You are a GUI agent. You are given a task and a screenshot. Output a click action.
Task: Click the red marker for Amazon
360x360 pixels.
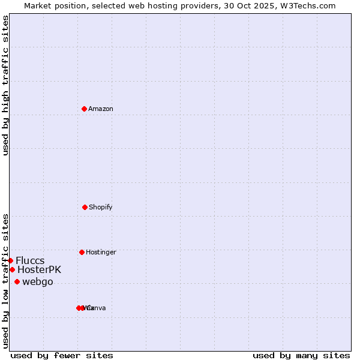point(84,109)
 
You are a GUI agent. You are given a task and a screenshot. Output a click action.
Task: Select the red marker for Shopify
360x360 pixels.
point(85,207)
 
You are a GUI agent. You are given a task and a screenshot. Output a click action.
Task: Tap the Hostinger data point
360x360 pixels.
point(82,252)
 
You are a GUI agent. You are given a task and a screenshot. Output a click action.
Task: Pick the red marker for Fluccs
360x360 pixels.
point(10,260)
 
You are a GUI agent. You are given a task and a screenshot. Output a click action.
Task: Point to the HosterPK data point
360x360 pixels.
point(12,269)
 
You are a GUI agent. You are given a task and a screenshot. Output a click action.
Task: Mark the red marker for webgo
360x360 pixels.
point(17,281)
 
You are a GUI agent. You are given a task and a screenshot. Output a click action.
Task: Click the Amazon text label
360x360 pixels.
point(100,109)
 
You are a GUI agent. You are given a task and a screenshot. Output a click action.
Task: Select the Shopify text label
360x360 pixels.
point(100,207)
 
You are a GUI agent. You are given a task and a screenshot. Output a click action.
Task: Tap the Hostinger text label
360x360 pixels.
point(101,252)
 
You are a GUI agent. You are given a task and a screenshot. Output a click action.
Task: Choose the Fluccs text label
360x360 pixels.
point(30,260)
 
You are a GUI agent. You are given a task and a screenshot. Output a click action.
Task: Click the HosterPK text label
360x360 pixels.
point(39,269)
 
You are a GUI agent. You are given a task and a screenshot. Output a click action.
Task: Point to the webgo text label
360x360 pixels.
point(38,281)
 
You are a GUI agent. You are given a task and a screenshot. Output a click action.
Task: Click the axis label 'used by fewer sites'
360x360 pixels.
point(62,355)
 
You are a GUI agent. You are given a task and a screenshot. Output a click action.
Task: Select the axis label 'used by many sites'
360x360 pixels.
point(301,355)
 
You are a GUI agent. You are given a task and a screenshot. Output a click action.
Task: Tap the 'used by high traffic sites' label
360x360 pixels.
point(5,85)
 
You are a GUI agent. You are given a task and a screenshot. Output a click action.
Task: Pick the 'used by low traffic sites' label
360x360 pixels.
point(5,281)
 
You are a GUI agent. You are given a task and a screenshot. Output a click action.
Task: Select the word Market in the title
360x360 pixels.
point(38,5)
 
